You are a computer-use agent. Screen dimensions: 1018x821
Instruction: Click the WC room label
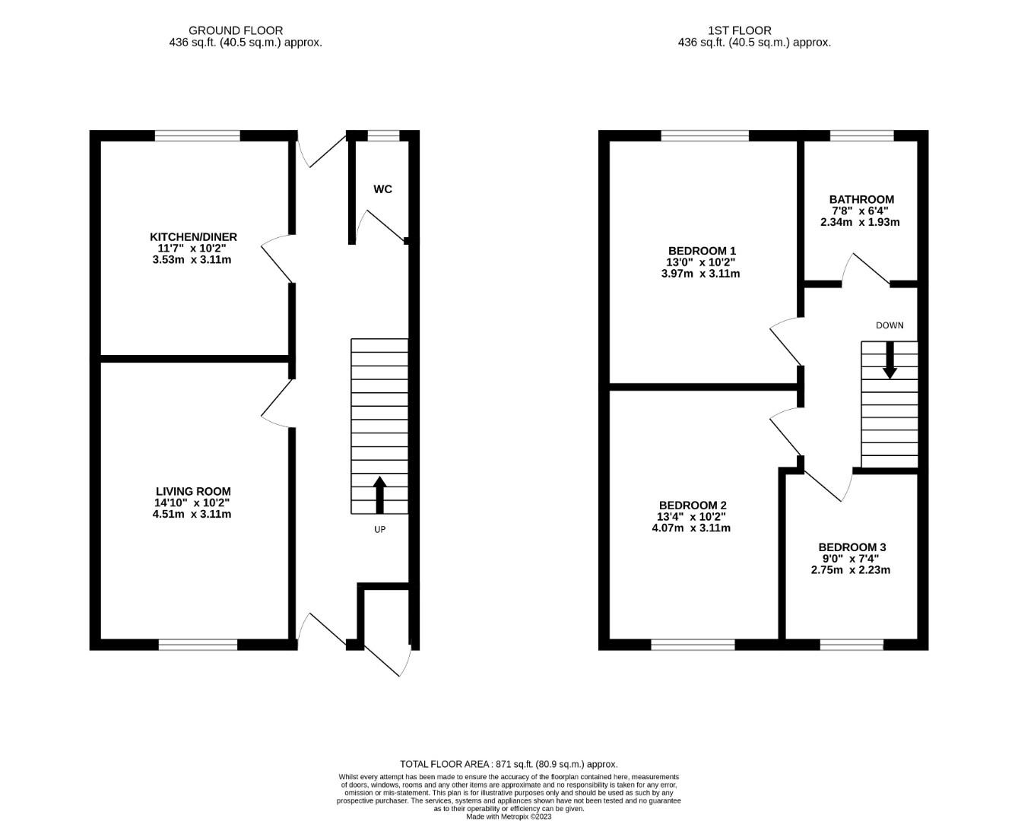coord(382,189)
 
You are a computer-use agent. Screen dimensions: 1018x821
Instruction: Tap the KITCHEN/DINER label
coord(193,237)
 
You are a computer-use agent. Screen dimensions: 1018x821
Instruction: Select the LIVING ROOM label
coord(193,491)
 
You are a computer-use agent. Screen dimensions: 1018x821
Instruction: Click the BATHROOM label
coord(861,200)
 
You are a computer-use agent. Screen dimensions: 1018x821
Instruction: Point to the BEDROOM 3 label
coord(852,547)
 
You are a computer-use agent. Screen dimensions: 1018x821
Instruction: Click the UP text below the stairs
coord(380,530)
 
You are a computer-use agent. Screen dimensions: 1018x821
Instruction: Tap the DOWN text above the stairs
coord(890,325)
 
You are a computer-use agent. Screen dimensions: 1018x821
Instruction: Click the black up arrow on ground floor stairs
coord(380,495)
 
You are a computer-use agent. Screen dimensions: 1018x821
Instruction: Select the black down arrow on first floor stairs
coord(890,360)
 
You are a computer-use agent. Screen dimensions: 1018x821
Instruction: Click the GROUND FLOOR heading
coord(236,30)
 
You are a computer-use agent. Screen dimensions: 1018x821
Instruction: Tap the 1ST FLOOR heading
coord(740,30)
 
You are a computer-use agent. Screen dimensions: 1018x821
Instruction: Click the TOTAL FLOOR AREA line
coord(509,764)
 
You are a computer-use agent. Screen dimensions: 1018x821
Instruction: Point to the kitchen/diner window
coord(198,136)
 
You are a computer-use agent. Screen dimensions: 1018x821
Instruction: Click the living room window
coord(198,645)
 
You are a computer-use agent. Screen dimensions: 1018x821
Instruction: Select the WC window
coord(384,136)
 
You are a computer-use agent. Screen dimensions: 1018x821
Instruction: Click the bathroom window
coord(862,136)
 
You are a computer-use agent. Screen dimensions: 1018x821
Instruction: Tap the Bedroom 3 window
coord(852,645)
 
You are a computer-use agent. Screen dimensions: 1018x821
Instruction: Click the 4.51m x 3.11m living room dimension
coord(192,514)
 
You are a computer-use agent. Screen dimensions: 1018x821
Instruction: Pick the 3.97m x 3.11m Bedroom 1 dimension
coord(700,274)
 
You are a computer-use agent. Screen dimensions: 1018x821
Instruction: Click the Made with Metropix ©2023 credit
coord(509,816)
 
